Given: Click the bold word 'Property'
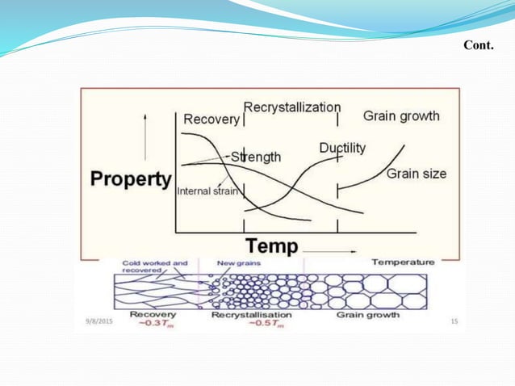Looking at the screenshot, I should pos(131,179).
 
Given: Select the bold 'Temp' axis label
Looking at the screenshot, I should pos(271,245).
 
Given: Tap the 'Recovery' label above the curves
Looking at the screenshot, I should pos(211,120).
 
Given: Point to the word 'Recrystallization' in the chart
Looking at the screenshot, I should pos(292,107).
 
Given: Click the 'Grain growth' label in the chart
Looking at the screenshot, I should pos(401,115).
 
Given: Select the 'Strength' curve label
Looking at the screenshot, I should pos(256,157).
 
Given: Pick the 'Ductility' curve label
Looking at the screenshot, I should pos(341,148).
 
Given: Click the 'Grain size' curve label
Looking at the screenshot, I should pos(416,174).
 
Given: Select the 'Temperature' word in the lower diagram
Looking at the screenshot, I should pos(403,262).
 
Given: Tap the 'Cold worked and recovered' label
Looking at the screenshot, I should pos(155,266).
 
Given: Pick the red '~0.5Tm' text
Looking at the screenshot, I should pos(265,324).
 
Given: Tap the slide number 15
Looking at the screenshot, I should pos(454,321).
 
